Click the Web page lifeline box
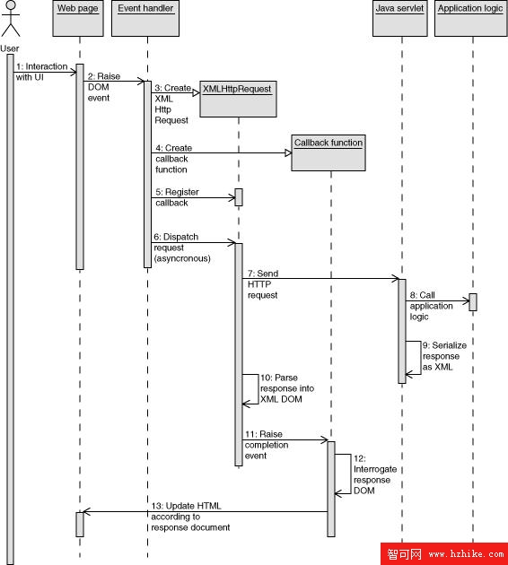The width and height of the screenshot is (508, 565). [x=78, y=18]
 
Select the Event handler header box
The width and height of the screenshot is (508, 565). [x=145, y=18]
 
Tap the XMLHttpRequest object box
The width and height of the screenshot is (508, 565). [x=239, y=99]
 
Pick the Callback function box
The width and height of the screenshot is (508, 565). [x=328, y=152]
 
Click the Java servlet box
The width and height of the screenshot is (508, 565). [x=399, y=18]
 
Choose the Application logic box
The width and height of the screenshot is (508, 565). [x=471, y=18]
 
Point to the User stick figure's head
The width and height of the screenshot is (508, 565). [x=11, y=5]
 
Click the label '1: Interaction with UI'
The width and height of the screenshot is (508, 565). [x=42, y=72]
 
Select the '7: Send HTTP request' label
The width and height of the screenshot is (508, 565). [x=263, y=284]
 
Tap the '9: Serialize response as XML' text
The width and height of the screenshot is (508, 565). [x=444, y=356]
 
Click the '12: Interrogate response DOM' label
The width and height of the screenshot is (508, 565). [x=375, y=474]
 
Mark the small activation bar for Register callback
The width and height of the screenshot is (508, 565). [x=239, y=197]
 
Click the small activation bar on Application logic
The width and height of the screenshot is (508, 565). [x=473, y=302]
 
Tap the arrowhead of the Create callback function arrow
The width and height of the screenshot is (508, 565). [x=288, y=153]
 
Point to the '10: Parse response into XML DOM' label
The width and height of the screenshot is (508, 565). [x=287, y=388]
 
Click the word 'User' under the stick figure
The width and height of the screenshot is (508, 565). [x=10, y=48]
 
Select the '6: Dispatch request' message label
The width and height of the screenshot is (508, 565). [x=182, y=248]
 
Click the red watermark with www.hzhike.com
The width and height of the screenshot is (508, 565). [x=444, y=554]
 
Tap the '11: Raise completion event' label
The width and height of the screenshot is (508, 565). [x=267, y=445]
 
